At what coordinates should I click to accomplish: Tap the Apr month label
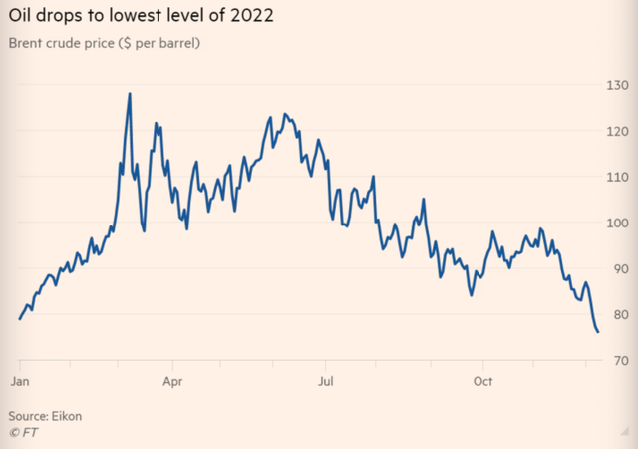[x=172, y=382]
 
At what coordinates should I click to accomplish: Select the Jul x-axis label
[x=325, y=382]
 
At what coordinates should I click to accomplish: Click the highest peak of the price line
[x=130, y=94]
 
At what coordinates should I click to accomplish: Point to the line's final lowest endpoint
[x=597, y=332]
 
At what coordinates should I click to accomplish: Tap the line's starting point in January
[x=20, y=318]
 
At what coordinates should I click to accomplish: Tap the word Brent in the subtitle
[x=29, y=46]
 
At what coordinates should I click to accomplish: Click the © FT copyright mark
[x=21, y=431]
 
